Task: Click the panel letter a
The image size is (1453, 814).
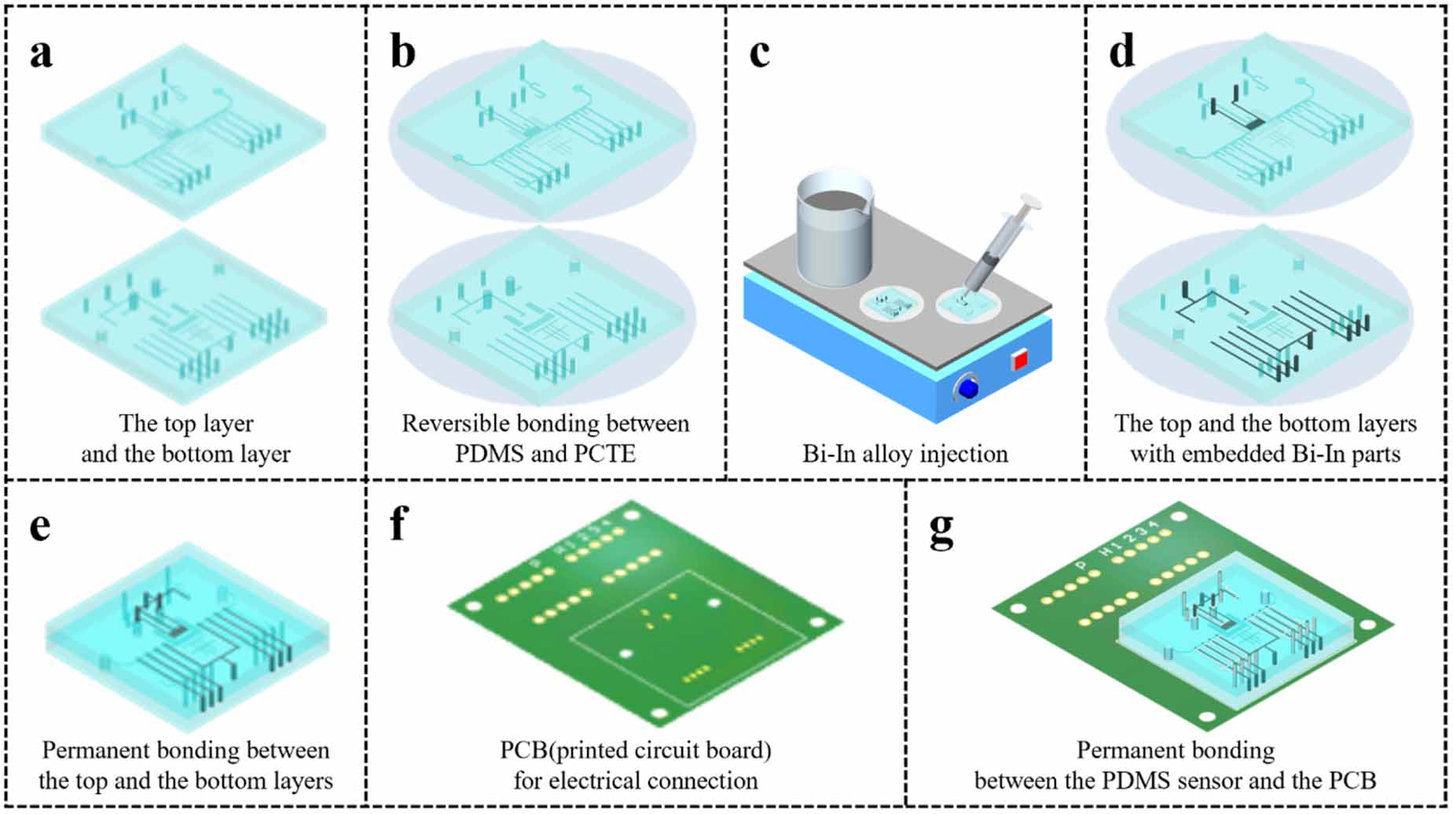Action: click(41, 53)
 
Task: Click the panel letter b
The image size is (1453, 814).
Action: click(402, 53)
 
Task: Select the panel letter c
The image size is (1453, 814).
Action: click(759, 53)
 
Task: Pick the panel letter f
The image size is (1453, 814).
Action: click(398, 522)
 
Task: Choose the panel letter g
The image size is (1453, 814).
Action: click(941, 530)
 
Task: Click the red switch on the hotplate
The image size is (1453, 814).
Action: click(1019, 361)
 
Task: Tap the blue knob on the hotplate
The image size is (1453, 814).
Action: click(968, 388)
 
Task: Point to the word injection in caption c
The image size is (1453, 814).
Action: click(963, 454)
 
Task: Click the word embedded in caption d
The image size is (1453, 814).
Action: click(1234, 454)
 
